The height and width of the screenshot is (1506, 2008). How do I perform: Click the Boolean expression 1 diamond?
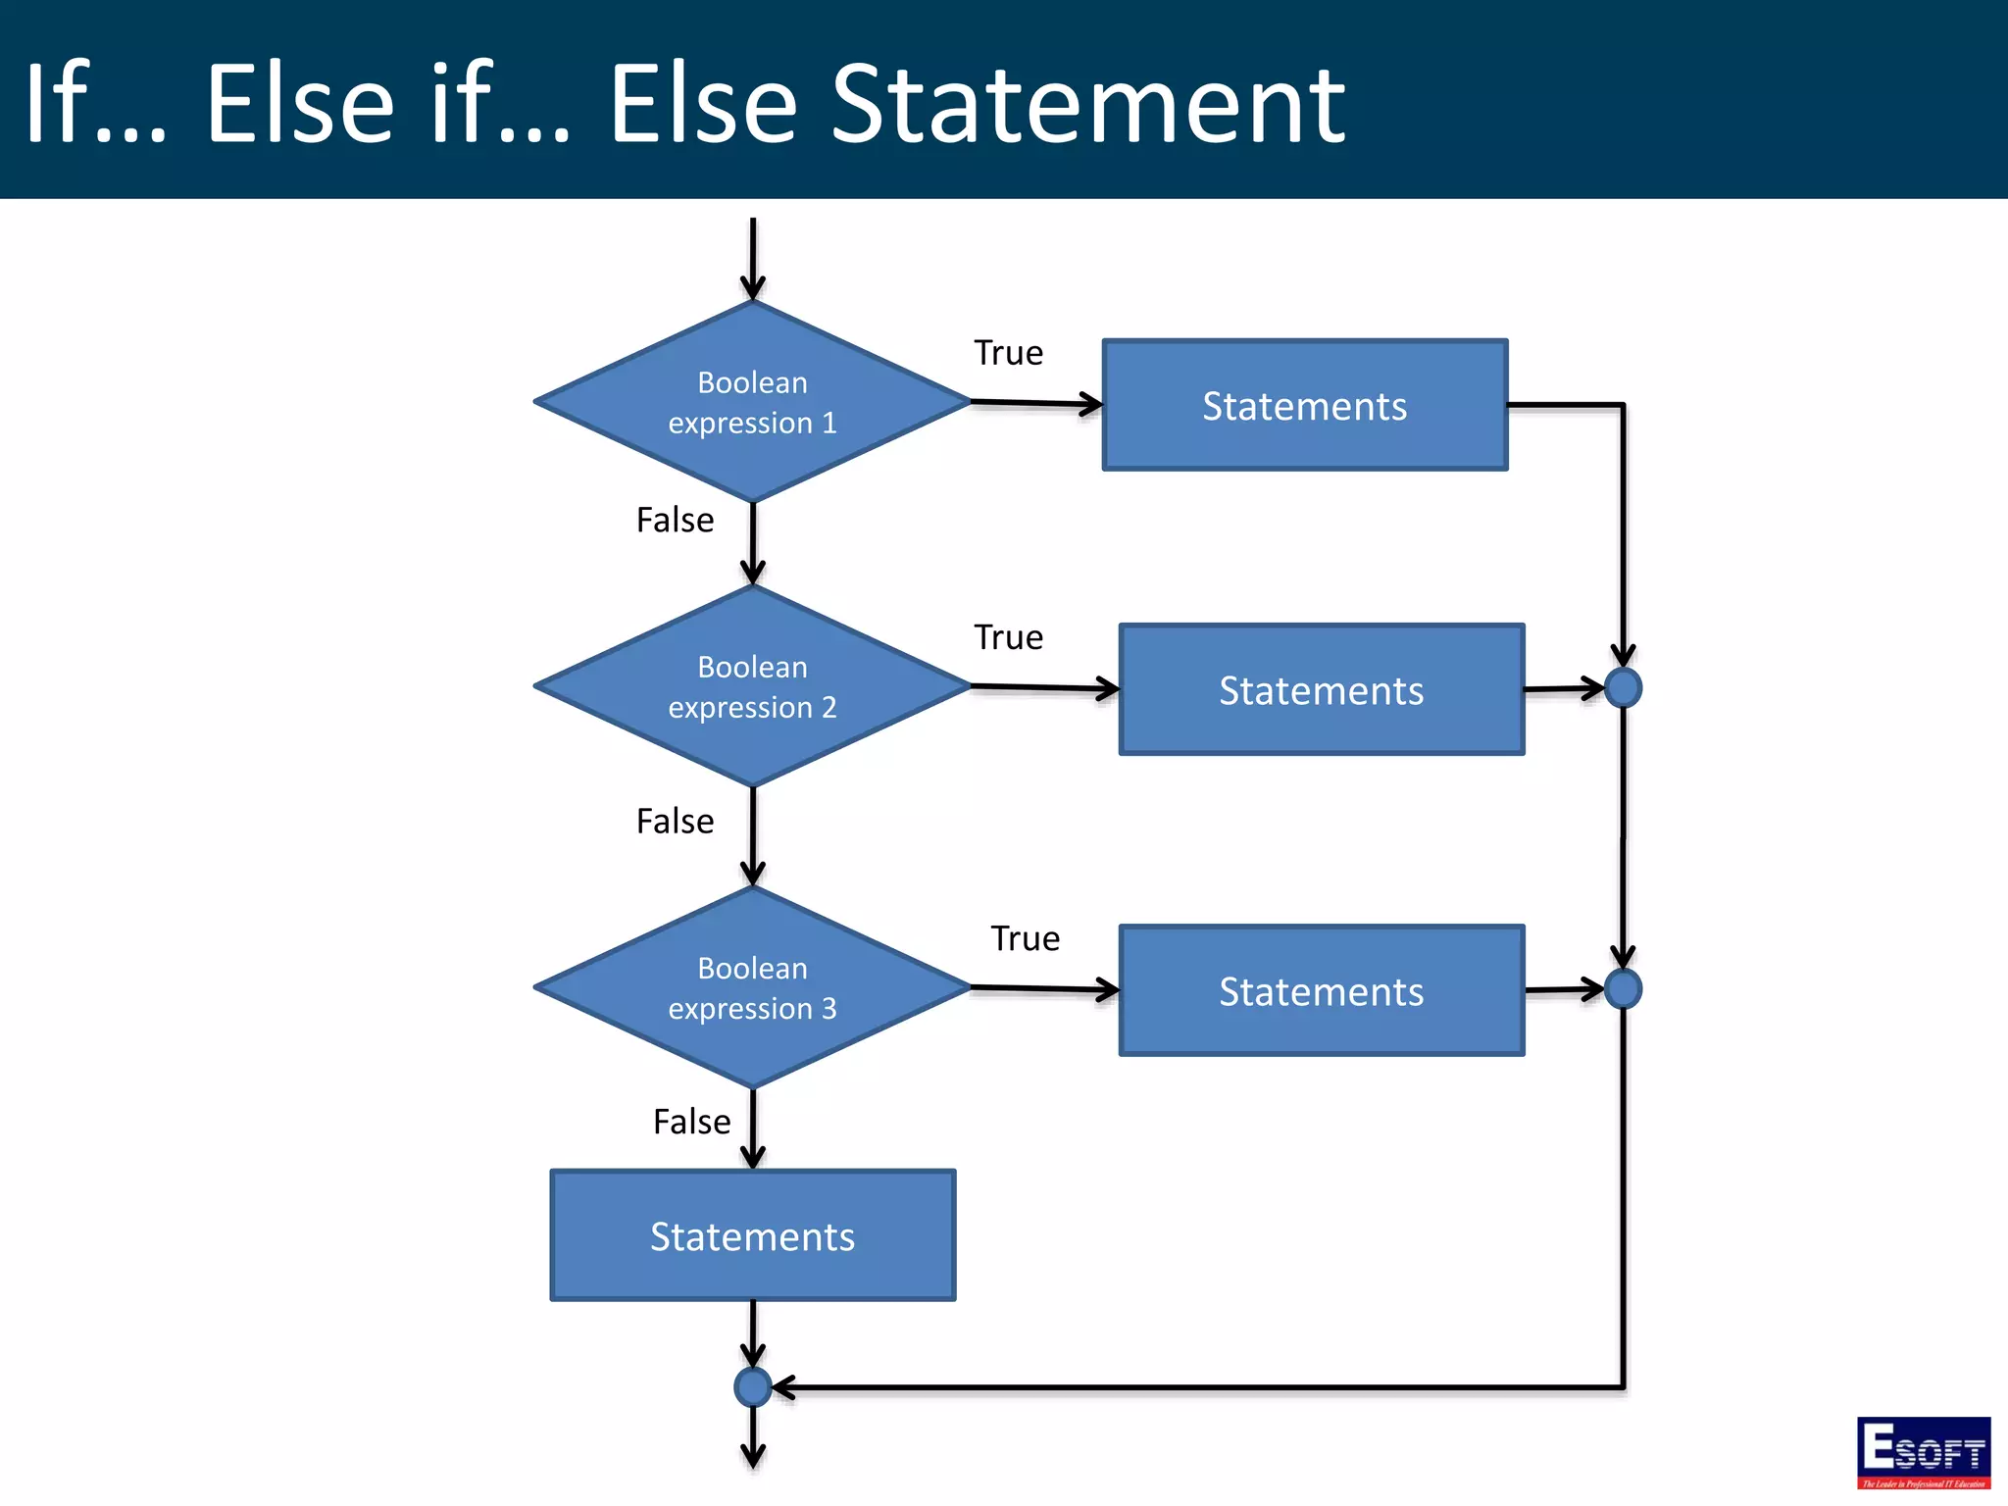[x=752, y=402]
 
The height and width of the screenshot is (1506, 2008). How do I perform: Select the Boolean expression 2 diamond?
[x=752, y=686]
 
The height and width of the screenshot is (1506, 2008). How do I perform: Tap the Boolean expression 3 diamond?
[x=752, y=987]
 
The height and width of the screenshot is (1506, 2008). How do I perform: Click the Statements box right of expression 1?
[x=1304, y=405]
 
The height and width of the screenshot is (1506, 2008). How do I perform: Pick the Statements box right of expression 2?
[x=1321, y=689]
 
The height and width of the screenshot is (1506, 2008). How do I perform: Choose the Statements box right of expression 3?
[x=1321, y=990]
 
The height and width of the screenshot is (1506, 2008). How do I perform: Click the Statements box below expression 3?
[x=752, y=1235]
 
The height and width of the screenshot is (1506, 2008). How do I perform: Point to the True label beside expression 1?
[x=1008, y=353]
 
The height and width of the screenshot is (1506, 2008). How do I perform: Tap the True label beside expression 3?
[x=1025, y=938]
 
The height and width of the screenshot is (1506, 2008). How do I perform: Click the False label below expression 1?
[x=675, y=520]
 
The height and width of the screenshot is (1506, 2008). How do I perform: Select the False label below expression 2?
[x=675, y=821]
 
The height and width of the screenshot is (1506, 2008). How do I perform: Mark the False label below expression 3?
[x=691, y=1121]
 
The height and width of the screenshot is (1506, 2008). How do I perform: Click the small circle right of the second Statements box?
[x=1624, y=687]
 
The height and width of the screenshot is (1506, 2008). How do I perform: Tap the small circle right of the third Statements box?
[x=1624, y=988]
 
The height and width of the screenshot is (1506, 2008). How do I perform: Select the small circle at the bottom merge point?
[x=752, y=1387]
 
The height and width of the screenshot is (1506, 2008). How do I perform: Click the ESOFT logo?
[x=1923, y=1452]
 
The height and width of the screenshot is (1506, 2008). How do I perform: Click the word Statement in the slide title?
[x=1088, y=104]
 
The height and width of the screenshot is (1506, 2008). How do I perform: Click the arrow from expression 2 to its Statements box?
[x=1043, y=688]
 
